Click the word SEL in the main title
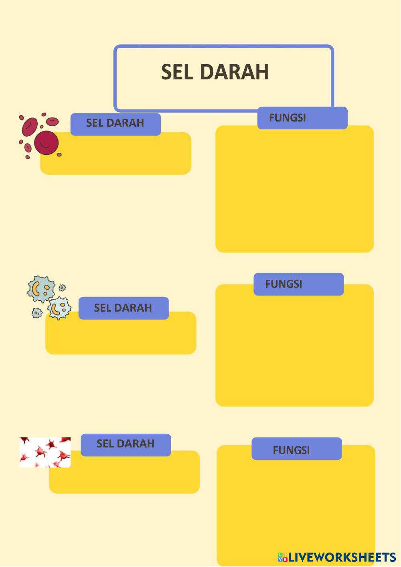point(177,72)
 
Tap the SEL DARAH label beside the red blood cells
point(115,123)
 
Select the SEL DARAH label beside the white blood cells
point(123,308)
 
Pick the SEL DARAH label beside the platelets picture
point(126,443)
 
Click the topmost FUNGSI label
point(288,118)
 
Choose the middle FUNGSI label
point(284,284)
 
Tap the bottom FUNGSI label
point(292,450)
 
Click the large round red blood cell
point(46,142)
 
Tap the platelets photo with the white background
point(45,452)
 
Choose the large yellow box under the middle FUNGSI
point(295,349)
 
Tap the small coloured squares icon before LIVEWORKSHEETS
point(283,557)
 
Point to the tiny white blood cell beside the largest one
point(62,288)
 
